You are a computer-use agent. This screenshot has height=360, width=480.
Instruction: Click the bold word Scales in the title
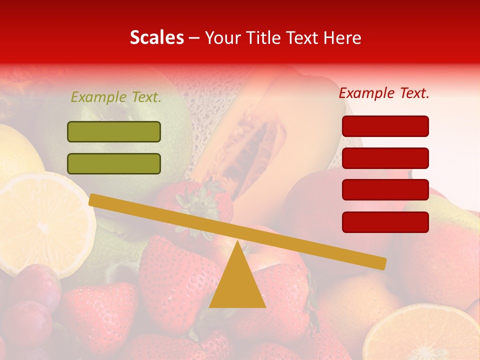156,37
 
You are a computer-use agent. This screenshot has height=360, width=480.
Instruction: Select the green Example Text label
116,97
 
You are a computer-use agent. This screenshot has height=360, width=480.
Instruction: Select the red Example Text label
384,93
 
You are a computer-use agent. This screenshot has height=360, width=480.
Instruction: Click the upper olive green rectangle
114,131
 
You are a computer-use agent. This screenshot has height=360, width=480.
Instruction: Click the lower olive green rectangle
114,163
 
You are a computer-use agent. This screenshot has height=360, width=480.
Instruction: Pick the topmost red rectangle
385,126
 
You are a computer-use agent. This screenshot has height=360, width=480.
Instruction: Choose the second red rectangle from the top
385,158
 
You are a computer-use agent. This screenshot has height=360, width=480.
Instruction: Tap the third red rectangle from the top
385,190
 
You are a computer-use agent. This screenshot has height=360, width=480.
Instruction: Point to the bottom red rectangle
385,222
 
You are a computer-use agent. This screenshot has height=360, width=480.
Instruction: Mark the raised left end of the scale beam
95,199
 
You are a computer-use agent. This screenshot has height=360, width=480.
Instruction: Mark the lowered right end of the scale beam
380,263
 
